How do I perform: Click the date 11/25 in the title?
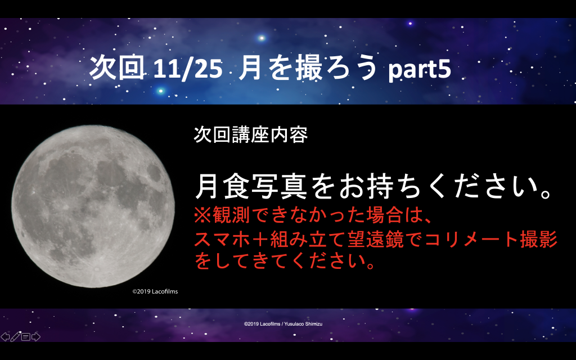point(187,69)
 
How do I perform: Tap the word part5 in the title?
point(420,69)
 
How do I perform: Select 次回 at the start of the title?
point(117,67)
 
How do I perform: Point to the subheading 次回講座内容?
point(250,135)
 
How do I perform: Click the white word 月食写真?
point(250,186)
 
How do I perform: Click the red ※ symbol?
point(202,215)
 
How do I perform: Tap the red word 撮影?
point(538,239)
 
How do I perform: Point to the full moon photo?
point(93,206)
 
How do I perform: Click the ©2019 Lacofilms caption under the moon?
point(155,291)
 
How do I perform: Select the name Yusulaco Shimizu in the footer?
point(303,324)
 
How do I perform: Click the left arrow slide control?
point(4,336)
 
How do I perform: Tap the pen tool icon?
point(15,336)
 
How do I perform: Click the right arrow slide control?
point(35,336)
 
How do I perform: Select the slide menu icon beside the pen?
point(26,337)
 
